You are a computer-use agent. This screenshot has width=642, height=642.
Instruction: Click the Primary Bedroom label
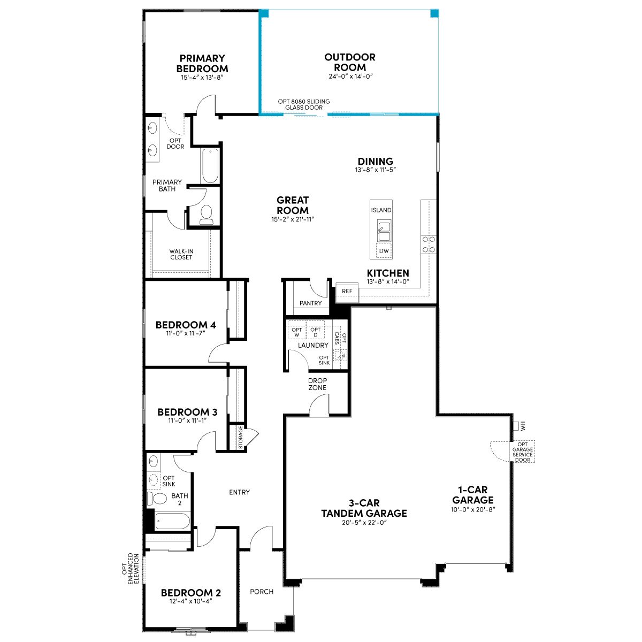[202, 63]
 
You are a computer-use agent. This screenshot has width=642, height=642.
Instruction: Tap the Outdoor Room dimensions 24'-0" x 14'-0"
[350, 77]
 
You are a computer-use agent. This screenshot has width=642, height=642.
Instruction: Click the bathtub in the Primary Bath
[210, 166]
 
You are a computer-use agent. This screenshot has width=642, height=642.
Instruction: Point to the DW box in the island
[384, 250]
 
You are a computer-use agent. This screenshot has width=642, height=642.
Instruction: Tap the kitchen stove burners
[429, 244]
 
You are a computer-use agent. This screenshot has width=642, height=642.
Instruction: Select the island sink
[384, 230]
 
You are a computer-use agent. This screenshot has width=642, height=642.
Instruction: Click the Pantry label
[310, 303]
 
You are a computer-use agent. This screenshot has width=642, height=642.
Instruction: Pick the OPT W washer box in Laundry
[296, 332]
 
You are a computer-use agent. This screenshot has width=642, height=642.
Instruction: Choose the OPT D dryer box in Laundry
[315, 332]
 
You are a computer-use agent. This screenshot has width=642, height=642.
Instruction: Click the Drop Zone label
[317, 384]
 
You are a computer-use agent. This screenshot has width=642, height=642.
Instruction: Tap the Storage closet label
[241, 437]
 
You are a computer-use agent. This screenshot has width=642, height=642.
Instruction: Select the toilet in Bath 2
[157, 499]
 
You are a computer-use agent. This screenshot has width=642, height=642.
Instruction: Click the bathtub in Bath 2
[173, 521]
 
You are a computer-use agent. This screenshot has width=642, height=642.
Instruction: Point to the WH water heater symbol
[517, 426]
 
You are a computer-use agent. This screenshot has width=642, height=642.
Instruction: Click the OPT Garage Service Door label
[522, 452]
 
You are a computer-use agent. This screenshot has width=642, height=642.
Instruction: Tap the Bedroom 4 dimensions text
[186, 333]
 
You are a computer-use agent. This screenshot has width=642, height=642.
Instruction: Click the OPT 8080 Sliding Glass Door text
[304, 105]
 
